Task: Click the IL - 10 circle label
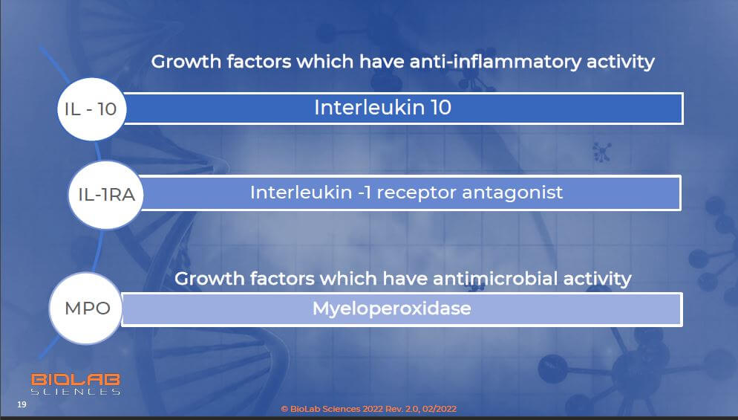tap(91, 109)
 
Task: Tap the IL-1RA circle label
tap(106, 194)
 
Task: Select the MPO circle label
tap(87, 308)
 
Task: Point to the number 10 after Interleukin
tap(441, 108)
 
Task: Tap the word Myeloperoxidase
tap(391, 308)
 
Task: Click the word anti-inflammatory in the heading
tap(496, 62)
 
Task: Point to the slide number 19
tap(22, 404)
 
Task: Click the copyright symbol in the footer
tap(284, 409)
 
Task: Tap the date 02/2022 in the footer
tap(439, 409)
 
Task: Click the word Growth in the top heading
tap(186, 62)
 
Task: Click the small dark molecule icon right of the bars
tap(601, 152)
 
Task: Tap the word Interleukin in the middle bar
tap(301, 193)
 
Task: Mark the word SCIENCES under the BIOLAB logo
tap(76, 391)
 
